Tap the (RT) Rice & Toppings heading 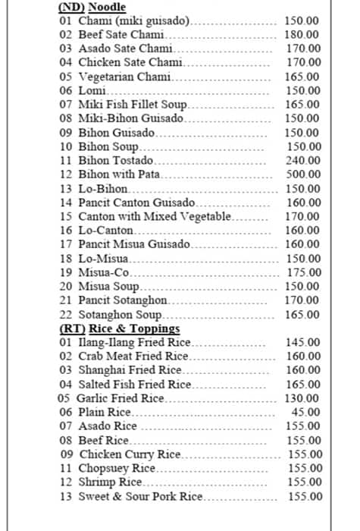119,328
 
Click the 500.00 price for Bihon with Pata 302,174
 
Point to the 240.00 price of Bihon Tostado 302,161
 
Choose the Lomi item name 91,91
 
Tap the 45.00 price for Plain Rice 306,412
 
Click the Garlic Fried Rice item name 121,398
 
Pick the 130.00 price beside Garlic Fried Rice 302,398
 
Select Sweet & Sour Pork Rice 141,496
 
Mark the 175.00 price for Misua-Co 302,272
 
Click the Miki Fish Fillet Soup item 133,105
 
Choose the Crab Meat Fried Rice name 133,356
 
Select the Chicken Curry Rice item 130,454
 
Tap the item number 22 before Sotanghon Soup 65,315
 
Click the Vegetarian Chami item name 125,77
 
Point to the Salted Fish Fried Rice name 135,385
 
